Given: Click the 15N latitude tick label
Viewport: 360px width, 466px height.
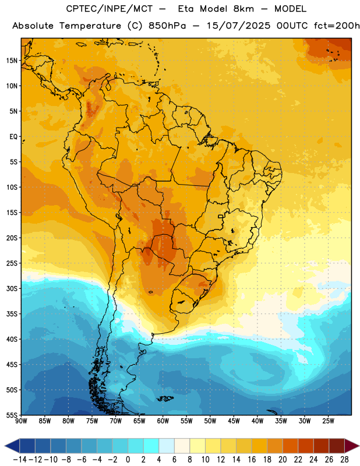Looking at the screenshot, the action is [x=12, y=61].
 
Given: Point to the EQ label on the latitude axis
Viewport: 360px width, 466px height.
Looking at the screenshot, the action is [x=13, y=137].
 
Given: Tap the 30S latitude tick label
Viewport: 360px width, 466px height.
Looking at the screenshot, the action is [x=12, y=288].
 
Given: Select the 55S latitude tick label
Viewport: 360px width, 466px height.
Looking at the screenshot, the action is [x=12, y=414].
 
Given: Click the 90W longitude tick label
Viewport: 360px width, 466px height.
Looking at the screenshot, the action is [x=21, y=421].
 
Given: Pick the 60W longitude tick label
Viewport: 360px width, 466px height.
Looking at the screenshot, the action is [x=163, y=421].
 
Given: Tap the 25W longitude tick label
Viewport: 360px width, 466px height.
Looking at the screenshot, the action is [x=328, y=421].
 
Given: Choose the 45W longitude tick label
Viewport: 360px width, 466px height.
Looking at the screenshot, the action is [x=234, y=421].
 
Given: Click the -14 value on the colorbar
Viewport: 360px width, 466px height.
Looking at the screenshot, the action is [x=20, y=460].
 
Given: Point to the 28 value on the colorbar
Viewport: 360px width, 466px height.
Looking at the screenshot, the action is [x=344, y=460].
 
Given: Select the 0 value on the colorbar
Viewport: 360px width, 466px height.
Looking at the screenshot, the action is [x=128, y=460].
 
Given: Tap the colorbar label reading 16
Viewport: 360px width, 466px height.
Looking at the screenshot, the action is [x=252, y=460].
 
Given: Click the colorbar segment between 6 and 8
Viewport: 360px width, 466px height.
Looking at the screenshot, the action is [x=182, y=446].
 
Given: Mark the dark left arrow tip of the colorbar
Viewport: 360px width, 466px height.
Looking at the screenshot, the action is [x=5, y=446].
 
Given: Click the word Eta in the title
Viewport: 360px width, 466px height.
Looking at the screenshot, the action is [x=186, y=9].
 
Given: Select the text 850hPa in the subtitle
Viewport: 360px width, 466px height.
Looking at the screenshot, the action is [x=167, y=26].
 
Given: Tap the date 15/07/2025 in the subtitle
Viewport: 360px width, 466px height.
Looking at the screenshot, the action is [x=238, y=26].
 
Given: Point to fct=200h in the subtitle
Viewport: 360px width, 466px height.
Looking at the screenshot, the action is [x=337, y=26].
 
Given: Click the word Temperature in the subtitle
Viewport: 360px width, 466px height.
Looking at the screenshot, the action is [x=90, y=26].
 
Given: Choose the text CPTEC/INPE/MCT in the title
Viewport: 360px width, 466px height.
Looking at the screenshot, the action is [x=110, y=9].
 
